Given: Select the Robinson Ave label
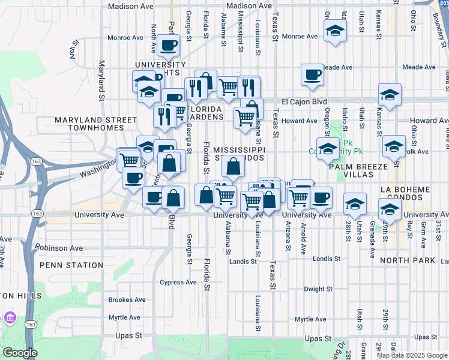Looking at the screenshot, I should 58,247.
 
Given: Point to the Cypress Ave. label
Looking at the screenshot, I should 179,282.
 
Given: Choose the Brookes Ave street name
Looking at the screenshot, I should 127,299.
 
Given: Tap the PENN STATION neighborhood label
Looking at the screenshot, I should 71,265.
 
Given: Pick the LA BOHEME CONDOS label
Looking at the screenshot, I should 414,193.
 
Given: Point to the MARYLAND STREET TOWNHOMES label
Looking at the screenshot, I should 96,124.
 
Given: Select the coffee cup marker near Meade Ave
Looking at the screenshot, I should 312,75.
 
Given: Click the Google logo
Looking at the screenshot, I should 19,353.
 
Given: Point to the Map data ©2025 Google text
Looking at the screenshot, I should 412,355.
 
